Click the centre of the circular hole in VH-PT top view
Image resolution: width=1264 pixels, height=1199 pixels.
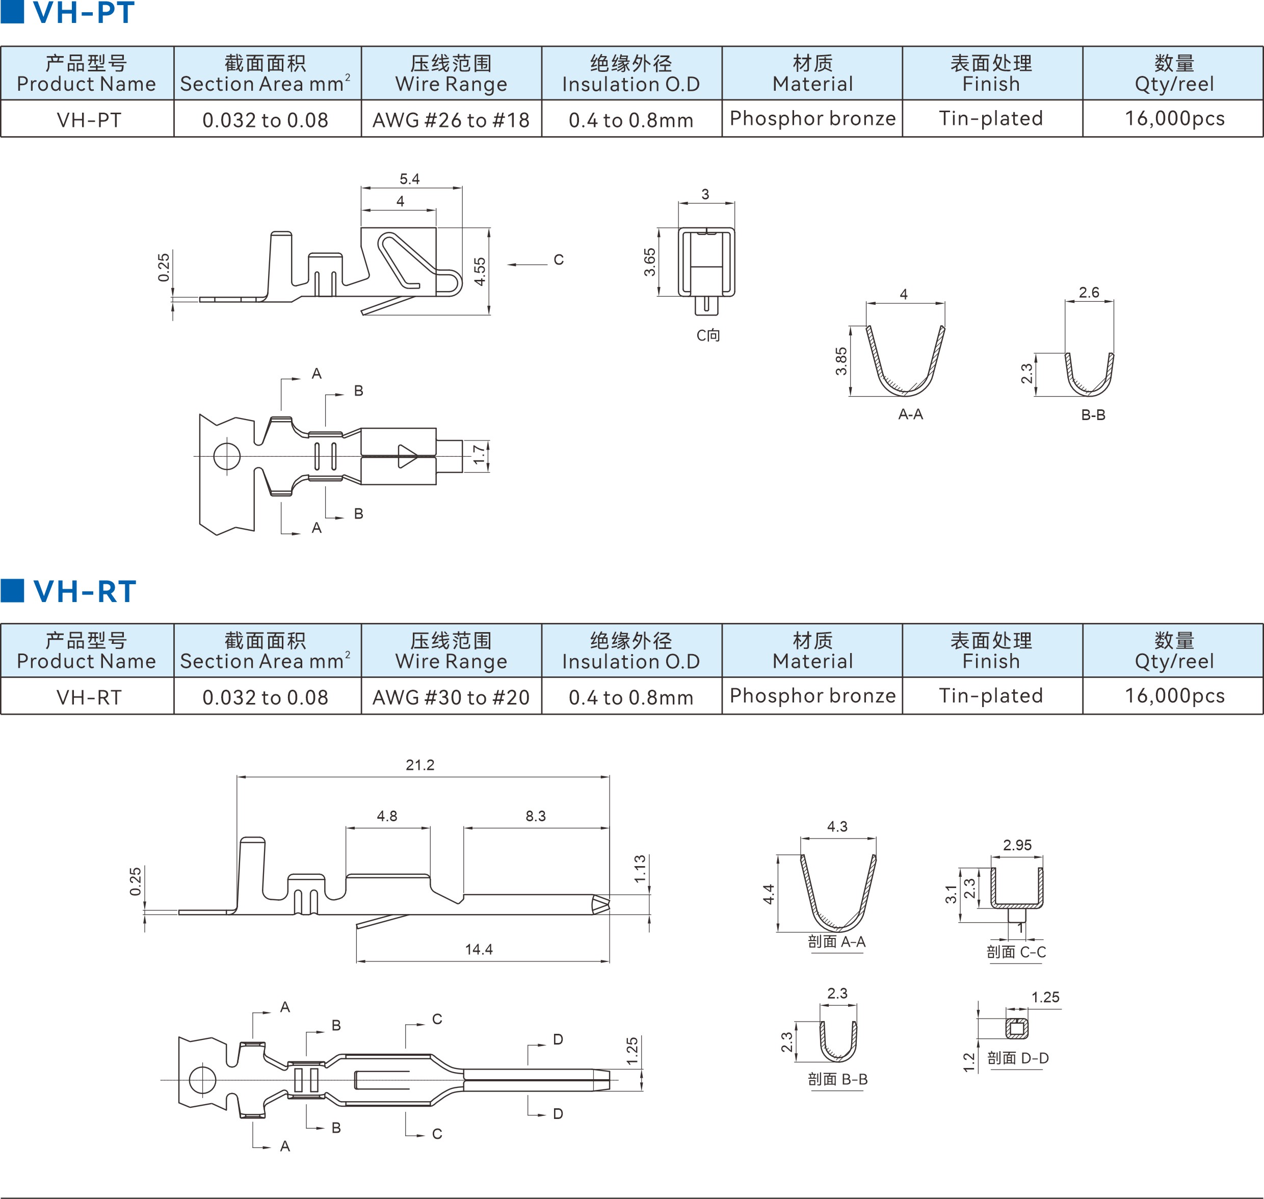point(226,456)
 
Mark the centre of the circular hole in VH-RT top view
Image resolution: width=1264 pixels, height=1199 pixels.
point(202,1080)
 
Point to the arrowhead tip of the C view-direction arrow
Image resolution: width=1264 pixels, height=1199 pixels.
point(508,265)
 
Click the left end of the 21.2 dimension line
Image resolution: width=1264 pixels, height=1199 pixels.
point(237,777)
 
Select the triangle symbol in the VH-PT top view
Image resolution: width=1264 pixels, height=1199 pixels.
point(408,456)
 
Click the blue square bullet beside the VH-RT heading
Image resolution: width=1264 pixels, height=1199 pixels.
point(12,590)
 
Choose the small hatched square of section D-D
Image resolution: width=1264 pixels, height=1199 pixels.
point(1017,1028)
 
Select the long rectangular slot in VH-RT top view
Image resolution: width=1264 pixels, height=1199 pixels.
point(382,1080)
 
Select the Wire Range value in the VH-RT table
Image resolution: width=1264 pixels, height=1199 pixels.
point(451,697)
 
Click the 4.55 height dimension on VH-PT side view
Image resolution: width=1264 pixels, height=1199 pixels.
point(480,272)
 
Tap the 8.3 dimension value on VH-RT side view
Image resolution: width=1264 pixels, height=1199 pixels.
point(536,816)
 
